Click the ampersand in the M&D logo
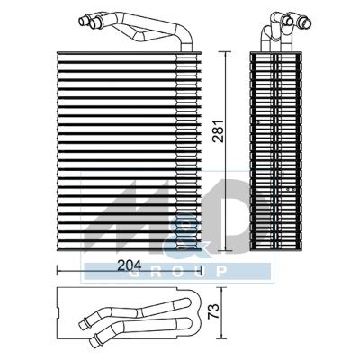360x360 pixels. coord(177,241)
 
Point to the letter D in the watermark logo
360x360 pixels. coord(202,220)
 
